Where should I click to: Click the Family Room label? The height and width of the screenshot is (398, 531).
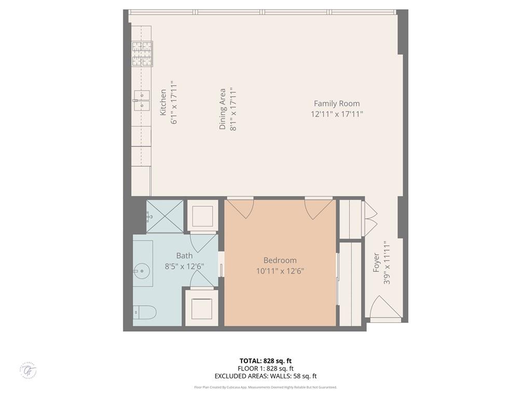[337, 104]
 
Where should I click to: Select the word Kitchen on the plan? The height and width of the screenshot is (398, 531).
[163, 102]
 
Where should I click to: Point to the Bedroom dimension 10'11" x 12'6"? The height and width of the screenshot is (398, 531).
[280, 271]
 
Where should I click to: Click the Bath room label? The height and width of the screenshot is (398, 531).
[184, 255]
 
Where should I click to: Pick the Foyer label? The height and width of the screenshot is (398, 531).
[377, 262]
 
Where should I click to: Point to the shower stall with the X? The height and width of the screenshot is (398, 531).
[165, 216]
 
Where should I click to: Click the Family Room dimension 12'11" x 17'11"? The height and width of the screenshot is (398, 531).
[337, 114]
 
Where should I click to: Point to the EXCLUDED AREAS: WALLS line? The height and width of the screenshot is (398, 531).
[265, 376]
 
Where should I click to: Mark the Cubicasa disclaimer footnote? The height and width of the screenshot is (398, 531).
[265, 387]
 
